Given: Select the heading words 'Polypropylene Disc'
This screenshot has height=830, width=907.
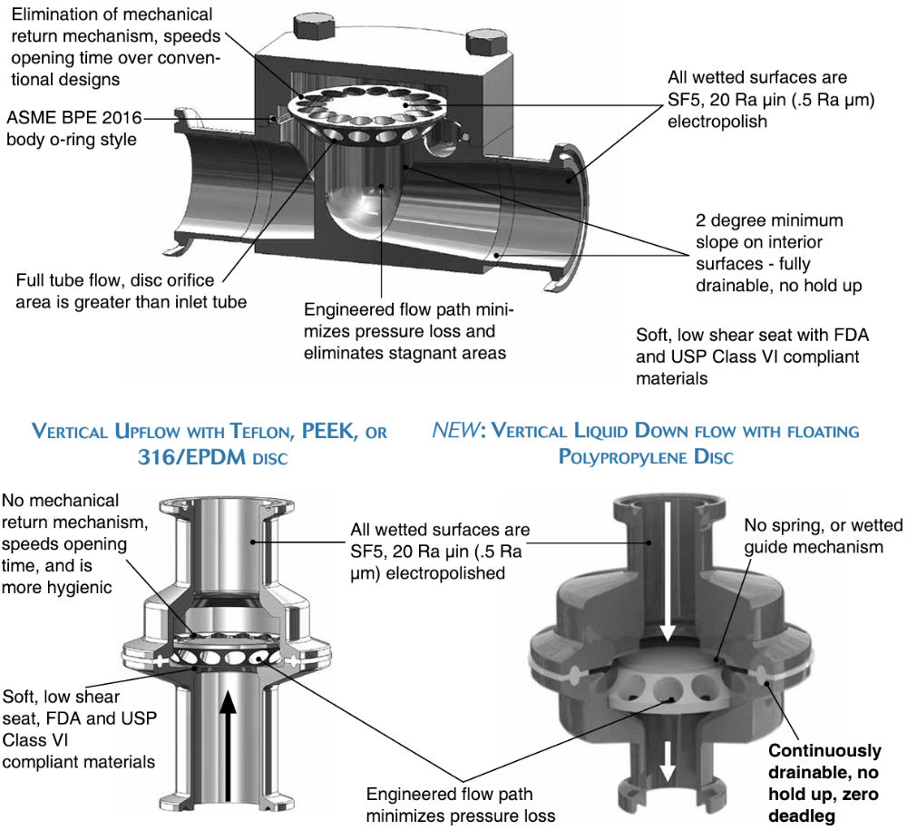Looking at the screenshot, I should [x=647, y=457].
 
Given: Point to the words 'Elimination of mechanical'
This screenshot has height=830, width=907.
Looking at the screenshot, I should [x=108, y=15].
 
